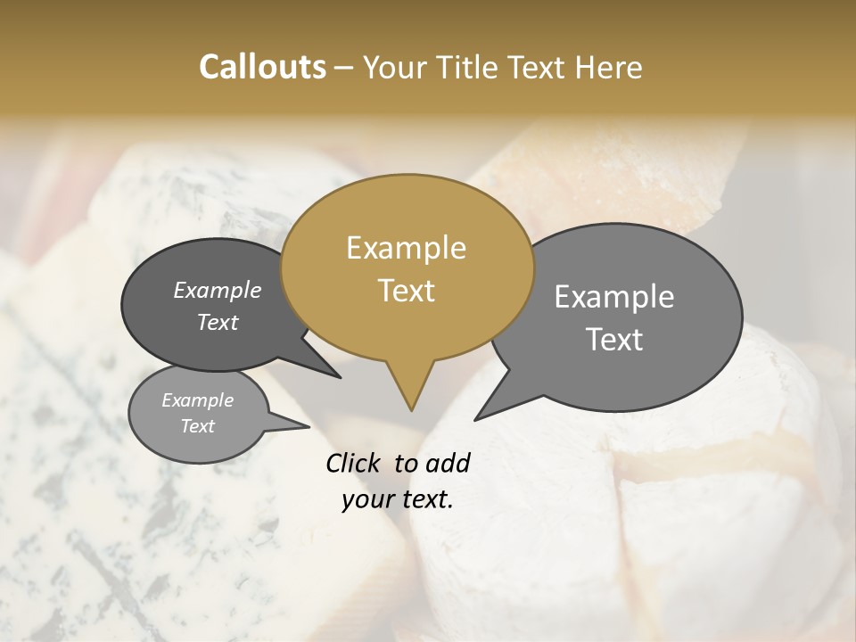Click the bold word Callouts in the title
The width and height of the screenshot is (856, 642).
click(262, 67)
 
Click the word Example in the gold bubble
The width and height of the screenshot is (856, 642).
click(406, 248)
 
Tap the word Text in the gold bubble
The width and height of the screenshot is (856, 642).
click(407, 291)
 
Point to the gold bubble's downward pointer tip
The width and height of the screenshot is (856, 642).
click(411, 409)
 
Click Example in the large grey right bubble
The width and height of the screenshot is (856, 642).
click(614, 297)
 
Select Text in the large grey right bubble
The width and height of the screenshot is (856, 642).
click(615, 340)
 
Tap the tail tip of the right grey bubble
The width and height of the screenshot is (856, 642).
click(476, 419)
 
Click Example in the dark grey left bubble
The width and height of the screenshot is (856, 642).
click(218, 290)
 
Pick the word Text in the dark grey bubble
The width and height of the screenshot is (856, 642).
click(218, 322)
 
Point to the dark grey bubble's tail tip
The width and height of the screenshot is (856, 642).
click(340, 377)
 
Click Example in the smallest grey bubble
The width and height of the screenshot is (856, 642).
click(197, 400)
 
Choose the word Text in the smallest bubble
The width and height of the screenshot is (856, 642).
click(198, 426)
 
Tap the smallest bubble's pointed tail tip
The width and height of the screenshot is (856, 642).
click(309, 426)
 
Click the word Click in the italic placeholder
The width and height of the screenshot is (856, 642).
click(355, 463)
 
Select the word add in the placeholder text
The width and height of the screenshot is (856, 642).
click(448, 463)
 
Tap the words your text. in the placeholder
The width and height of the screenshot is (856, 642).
click(398, 499)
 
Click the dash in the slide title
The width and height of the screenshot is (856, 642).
click(345, 67)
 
